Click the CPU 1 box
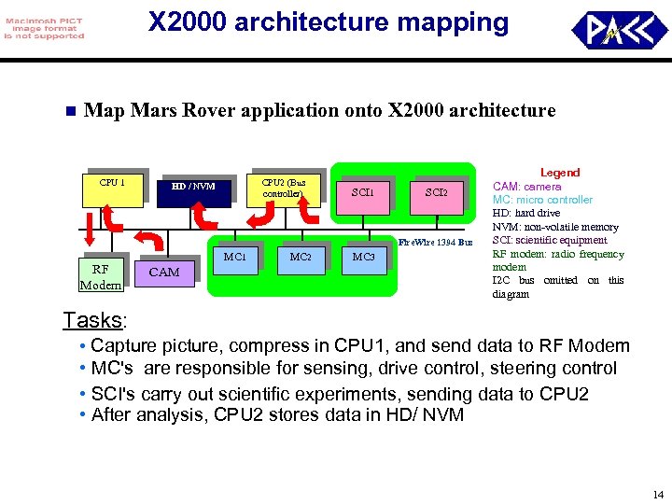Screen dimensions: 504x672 [112, 188]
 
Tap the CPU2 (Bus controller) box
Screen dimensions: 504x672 [284, 190]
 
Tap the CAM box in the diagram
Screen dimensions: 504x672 [164, 272]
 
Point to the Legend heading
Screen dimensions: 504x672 [560, 173]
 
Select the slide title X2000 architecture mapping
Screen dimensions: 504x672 [329, 22]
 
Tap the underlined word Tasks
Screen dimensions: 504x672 [92, 321]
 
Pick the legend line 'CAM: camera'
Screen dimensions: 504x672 [526, 187]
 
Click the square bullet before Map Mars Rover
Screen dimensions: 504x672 [68, 112]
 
